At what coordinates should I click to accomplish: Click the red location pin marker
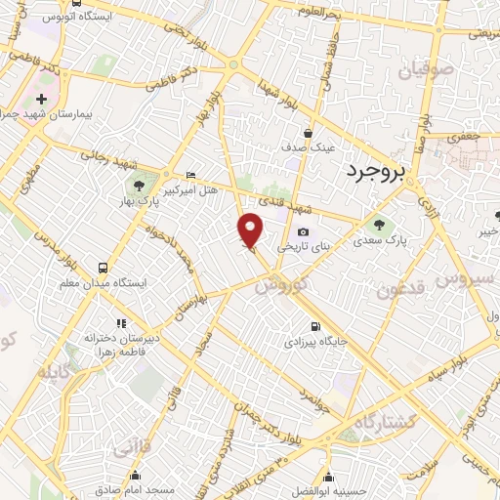tap(252, 230)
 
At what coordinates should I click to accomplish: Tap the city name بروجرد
tap(373, 172)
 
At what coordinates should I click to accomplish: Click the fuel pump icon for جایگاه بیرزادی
tap(313, 328)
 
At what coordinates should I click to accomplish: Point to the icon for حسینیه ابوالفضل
tap(328, 479)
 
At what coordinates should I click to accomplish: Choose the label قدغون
tap(400, 288)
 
